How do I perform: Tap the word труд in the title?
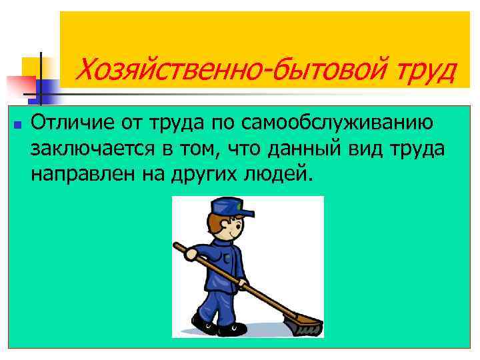[426, 69]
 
